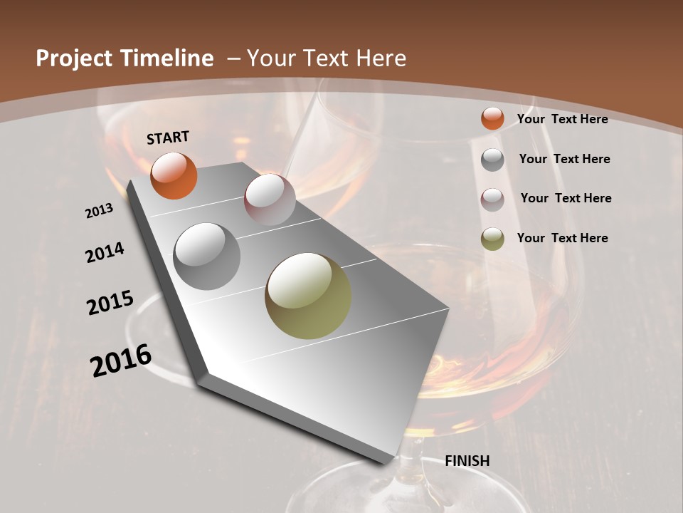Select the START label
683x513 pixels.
coord(168,138)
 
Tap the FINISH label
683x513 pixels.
coord(467,461)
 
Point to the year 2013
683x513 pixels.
coord(99,211)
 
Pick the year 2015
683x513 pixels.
coord(110,303)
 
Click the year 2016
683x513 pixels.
coord(121,361)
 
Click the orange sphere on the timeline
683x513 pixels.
coord(174,175)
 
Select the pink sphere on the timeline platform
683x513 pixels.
coord(270,199)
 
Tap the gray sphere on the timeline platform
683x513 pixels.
coord(206,256)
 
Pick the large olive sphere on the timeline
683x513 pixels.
coord(308,296)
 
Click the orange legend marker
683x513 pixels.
coord(492,119)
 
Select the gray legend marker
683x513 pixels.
coord(492,160)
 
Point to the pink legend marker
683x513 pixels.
coord(492,199)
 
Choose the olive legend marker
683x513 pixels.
coord(492,239)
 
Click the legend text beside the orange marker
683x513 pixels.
coord(562,119)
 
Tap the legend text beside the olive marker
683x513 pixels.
coord(562,238)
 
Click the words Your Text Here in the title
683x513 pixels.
coord(327,58)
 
